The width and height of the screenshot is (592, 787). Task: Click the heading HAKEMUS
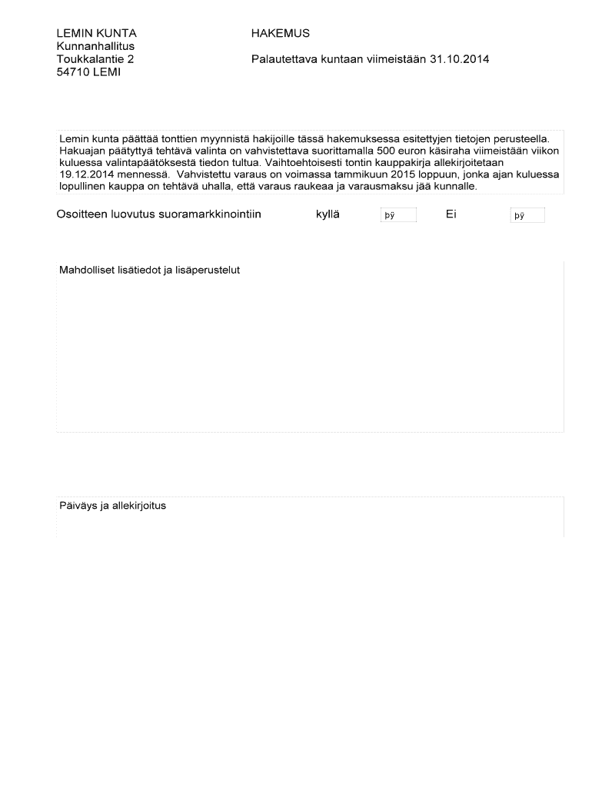click(x=280, y=34)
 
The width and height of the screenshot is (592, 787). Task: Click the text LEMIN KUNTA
click(x=96, y=34)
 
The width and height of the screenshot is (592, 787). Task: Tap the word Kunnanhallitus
click(x=95, y=46)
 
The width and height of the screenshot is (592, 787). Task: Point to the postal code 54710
click(x=74, y=72)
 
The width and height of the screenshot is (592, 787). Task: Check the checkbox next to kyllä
click(x=398, y=216)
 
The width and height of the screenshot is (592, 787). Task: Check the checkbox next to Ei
click(x=527, y=216)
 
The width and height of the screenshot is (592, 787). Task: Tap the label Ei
click(x=451, y=214)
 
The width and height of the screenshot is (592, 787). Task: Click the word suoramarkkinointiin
click(x=209, y=214)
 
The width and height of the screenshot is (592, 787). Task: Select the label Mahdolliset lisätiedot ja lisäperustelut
click(x=150, y=271)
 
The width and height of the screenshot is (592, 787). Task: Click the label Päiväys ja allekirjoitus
click(x=112, y=506)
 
